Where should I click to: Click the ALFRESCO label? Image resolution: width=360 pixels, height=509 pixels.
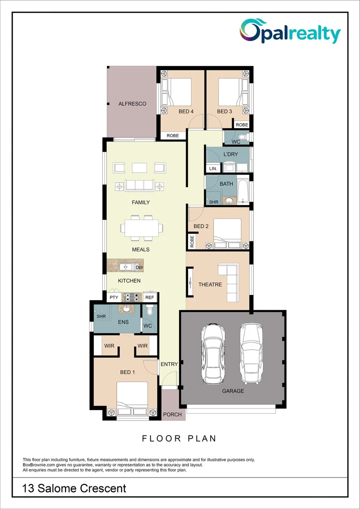[132, 104]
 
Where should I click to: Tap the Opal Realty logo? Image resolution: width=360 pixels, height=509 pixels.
[290, 32]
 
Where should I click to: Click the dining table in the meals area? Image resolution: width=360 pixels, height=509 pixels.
[142, 228]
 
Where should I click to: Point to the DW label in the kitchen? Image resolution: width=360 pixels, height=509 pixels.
[139, 268]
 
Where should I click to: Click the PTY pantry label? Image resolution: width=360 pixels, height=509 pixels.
[114, 297]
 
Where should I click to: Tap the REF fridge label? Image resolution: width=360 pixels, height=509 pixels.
[149, 297]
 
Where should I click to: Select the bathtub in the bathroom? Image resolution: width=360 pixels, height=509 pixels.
[243, 191]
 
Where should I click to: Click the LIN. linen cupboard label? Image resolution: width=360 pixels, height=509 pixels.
[212, 168]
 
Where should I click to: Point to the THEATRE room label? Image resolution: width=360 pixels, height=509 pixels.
[210, 285]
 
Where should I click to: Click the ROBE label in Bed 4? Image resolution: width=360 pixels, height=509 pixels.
[173, 136]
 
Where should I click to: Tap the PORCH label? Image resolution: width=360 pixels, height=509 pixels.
[170, 415]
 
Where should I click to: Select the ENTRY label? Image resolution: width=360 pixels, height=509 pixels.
[169, 364]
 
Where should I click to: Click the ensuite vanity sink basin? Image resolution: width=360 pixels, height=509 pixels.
[126, 309]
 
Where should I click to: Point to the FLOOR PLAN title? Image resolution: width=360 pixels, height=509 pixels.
[180, 438]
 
